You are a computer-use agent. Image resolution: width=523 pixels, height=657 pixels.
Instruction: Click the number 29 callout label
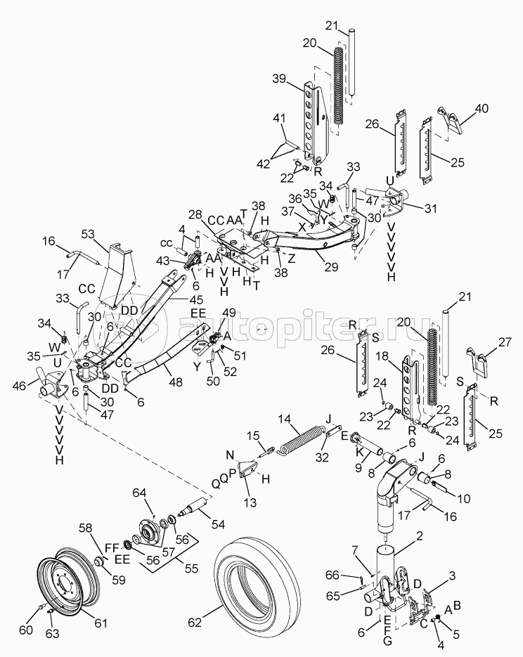tap(331, 266)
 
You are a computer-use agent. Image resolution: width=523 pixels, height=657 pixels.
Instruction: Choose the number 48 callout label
tap(176, 382)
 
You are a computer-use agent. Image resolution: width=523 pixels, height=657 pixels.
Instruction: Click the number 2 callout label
tap(420, 535)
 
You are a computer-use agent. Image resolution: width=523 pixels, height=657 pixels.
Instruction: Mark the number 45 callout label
tap(195, 300)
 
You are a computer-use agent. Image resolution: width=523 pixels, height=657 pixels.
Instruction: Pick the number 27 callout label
tap(504, 342)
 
